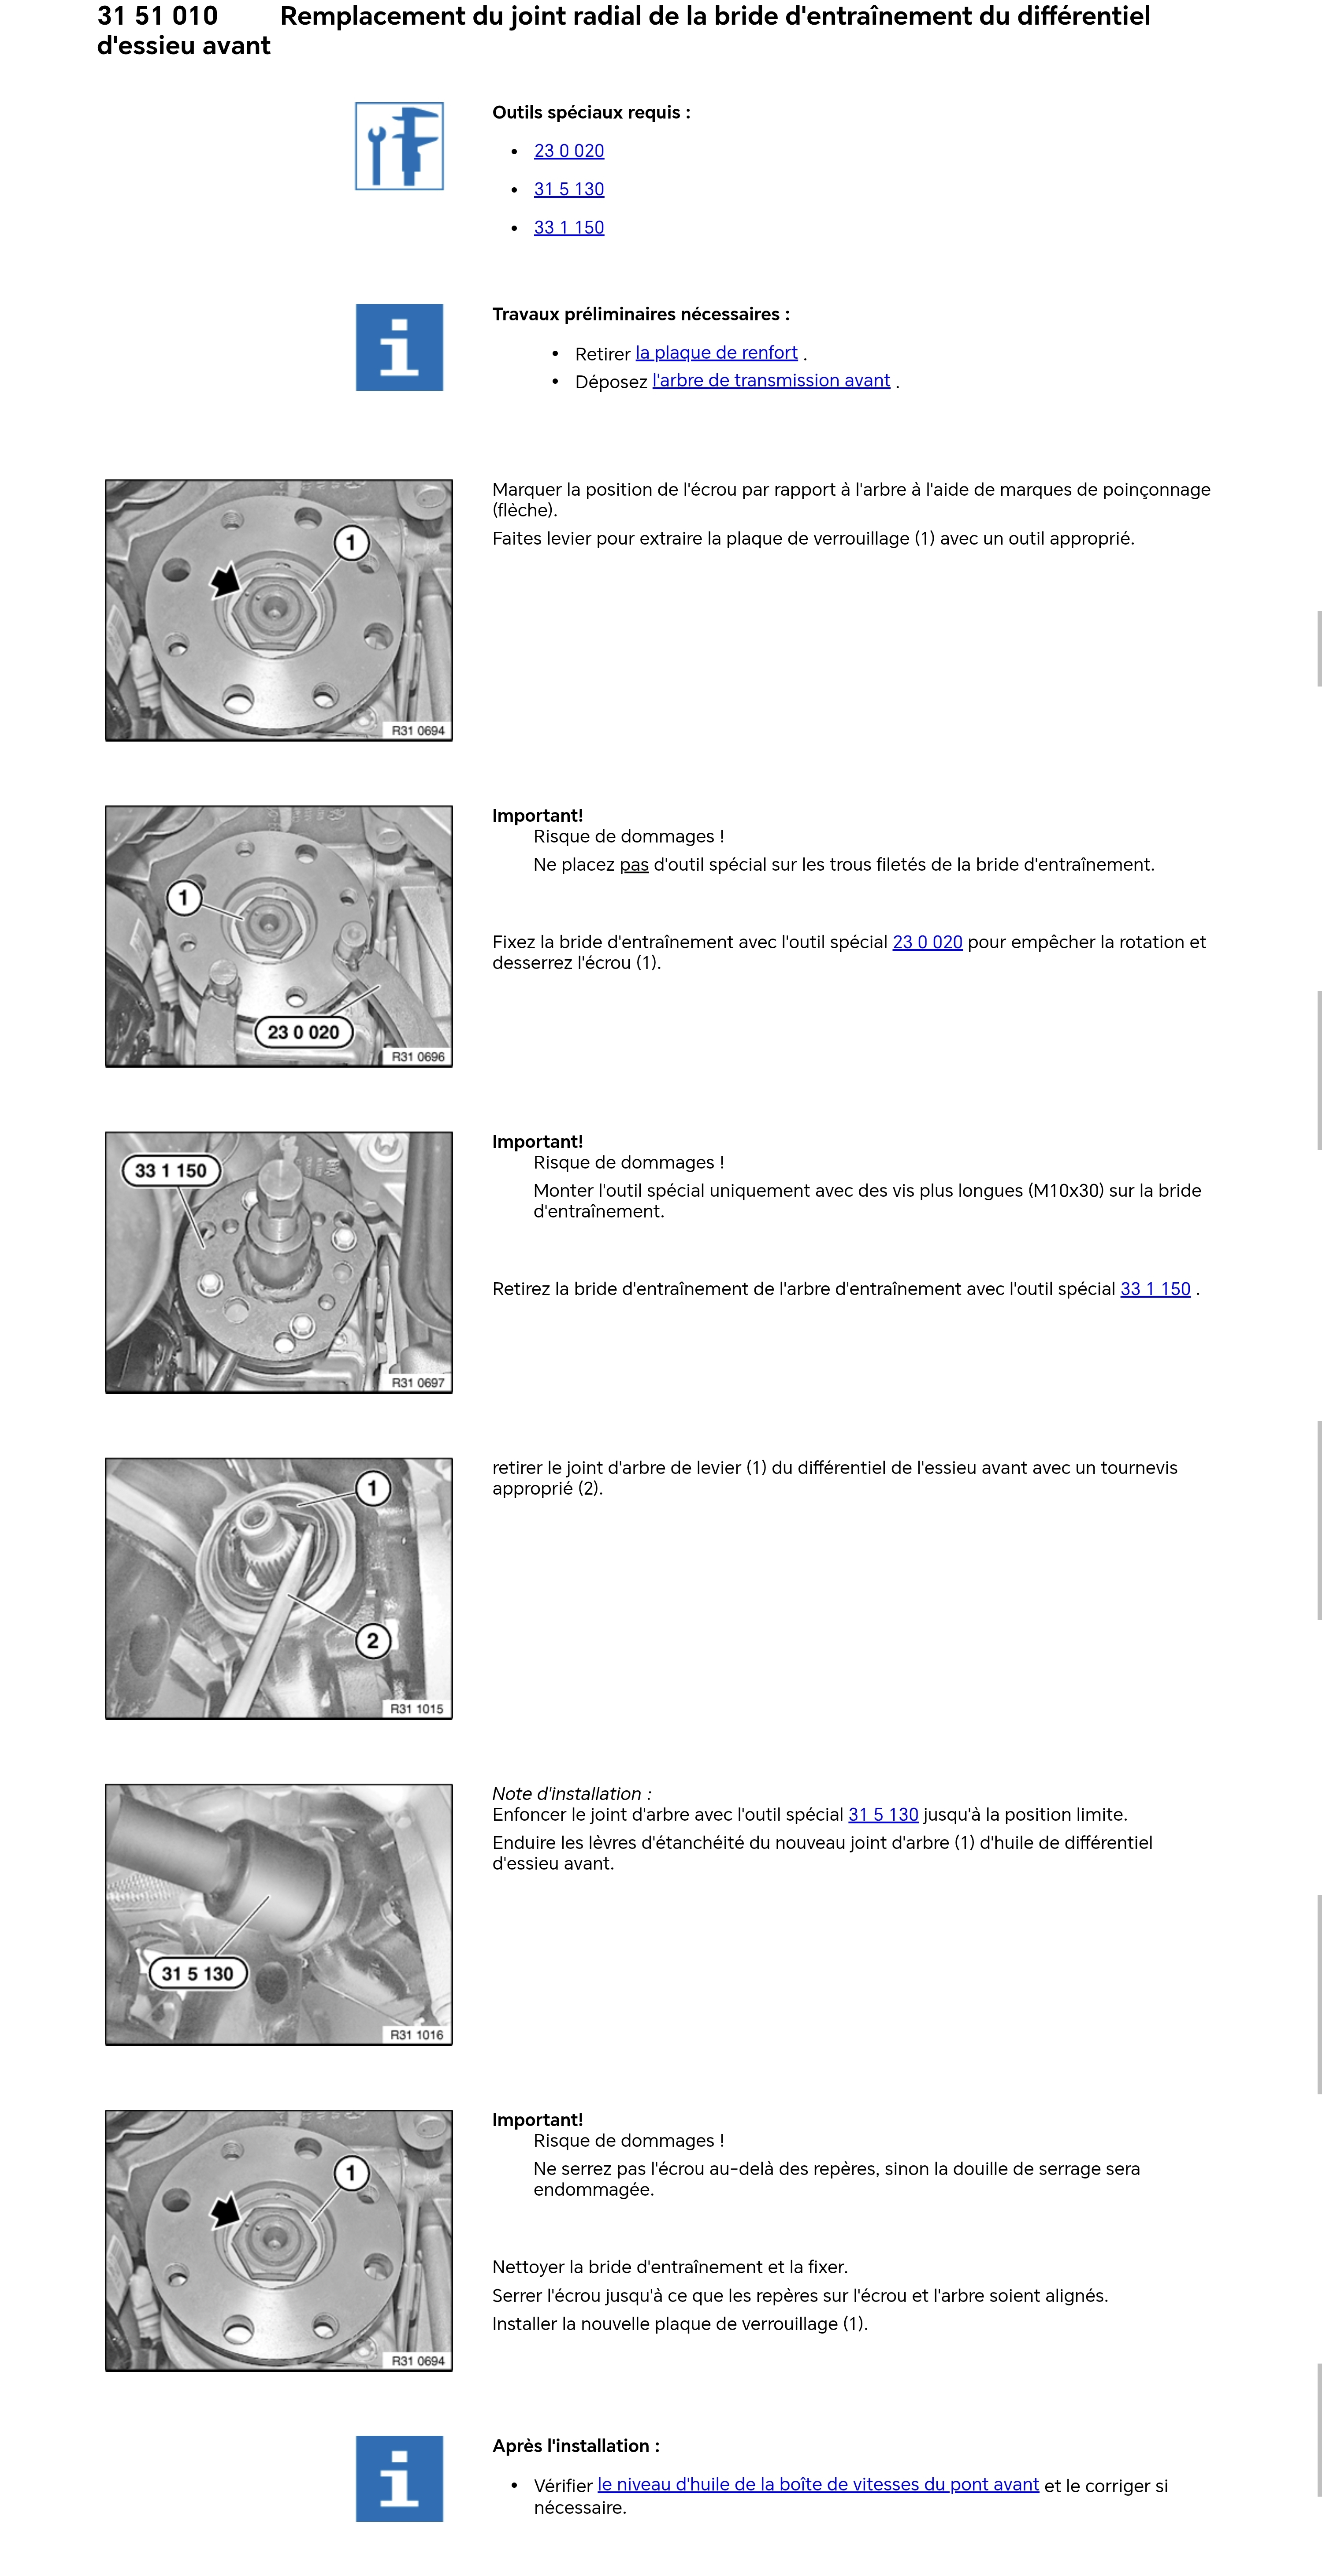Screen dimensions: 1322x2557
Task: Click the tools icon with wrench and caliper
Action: (399, 146)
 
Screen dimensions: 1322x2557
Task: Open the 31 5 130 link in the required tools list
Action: (569, 189)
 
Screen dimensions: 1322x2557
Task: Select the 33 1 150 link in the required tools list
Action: (569, 227)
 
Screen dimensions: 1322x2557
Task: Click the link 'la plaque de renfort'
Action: (717, 353)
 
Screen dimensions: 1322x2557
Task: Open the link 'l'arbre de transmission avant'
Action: (771, 380)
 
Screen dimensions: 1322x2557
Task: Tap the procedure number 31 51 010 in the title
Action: (158, 16)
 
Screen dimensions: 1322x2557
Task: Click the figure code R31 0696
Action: (418, 1056)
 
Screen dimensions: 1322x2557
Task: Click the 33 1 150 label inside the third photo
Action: (171, 1170)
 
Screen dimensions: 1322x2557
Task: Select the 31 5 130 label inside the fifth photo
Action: (197, 1973)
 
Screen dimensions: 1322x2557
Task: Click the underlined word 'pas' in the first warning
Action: (634, 865)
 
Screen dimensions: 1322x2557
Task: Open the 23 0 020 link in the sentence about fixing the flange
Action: (927, 942)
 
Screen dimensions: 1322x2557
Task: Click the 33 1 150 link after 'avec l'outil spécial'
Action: (1155, 1288)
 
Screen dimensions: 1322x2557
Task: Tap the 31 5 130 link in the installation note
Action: (884, 1815)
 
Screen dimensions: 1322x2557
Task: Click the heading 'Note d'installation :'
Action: (572, 1794)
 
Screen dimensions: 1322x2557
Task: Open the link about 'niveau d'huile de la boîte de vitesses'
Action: (818, 2485)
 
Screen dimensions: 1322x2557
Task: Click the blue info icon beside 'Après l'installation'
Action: (399, 2479)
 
